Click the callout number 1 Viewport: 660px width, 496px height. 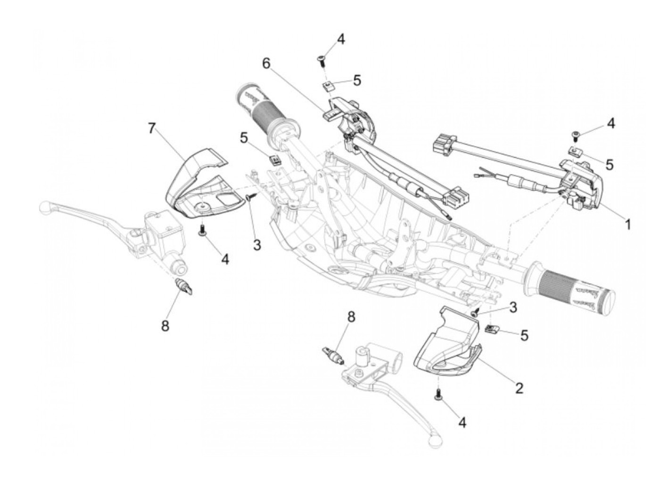click(x=627, y=225)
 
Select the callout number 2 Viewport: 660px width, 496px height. click(x=519, y=388)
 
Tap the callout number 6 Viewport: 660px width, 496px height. click(x=267, y=63)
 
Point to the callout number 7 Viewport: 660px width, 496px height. click(x=151, y=128)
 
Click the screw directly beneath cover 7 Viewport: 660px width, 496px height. click(x=202, y=230)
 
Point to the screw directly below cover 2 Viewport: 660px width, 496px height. click(x=439, y=395)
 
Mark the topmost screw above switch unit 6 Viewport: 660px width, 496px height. click(x=322, y=59)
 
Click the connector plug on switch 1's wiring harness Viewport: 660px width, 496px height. click(x=445, y=141)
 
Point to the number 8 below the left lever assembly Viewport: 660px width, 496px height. click(x=165, y=326)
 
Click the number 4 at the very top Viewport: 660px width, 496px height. click(x=340, y=39)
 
